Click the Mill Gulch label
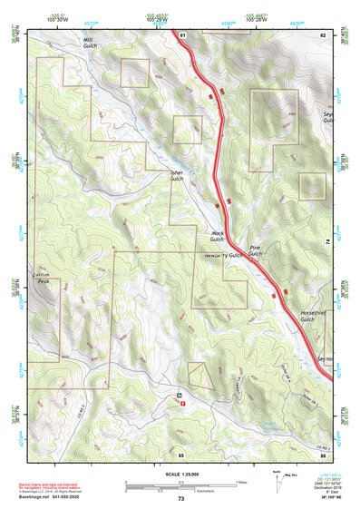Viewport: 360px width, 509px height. click(x=88, y=43)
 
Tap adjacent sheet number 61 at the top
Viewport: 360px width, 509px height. click(x=181, y=34)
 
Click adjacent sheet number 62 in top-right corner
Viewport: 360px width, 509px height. click(x=322, y=34)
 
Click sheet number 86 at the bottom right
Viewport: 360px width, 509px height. click(x=323, y=454)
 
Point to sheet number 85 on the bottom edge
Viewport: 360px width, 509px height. click(x=181, y=454)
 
